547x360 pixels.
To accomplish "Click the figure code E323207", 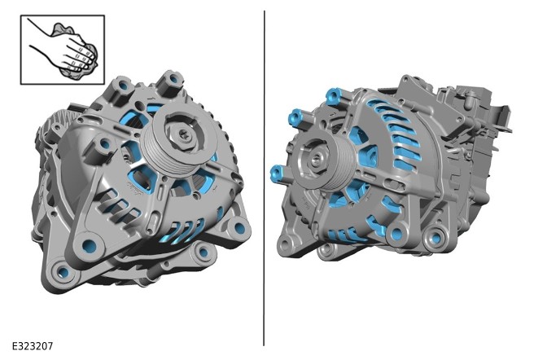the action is tap(33, 346).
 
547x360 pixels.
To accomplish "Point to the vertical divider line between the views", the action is tap(264, 178).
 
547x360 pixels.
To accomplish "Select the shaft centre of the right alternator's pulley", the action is tap(317, 159).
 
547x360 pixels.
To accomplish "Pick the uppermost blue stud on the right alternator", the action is tap(333, 95).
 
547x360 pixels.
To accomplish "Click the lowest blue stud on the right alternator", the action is tap(278, 173).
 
